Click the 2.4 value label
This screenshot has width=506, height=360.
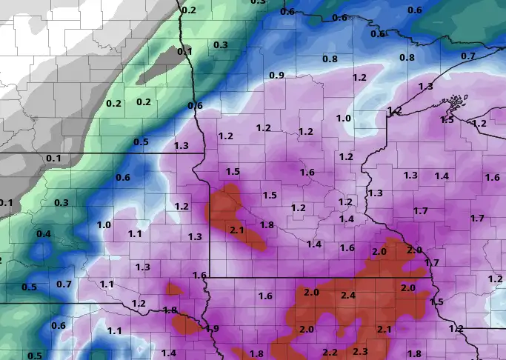(347, 296)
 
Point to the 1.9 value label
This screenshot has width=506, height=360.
(213, 328)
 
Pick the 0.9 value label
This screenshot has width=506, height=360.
(277, 76)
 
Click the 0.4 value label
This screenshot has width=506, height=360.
(44, 234)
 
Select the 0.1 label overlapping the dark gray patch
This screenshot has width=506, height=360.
(184, 52)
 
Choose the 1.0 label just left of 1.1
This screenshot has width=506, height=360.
(104, 225)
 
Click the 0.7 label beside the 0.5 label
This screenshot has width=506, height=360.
(64, 284)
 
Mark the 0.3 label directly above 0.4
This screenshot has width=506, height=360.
(61, 203)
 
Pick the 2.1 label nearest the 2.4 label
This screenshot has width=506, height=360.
(384, 329)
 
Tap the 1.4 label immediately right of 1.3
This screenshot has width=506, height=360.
(442, 176)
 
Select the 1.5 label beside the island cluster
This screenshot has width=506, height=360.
(447, 119)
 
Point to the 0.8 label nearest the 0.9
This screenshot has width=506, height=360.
(330, 59)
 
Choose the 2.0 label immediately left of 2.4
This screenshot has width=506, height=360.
(310, 293)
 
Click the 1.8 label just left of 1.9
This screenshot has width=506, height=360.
(170, 310)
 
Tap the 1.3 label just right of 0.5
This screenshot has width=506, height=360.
(181, 146)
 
